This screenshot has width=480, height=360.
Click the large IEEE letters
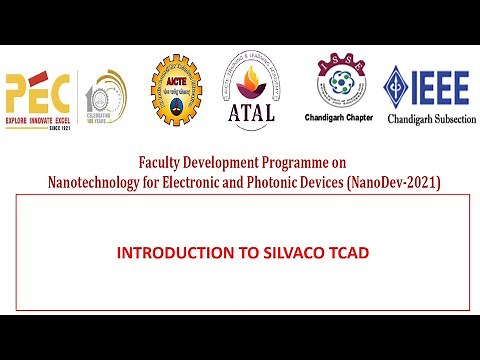pyautogui.click(x=442, y=88)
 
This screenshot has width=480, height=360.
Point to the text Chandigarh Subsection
pyautogui.click(x=428, y=118)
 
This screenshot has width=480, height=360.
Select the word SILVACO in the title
pyautogui.click(x=284, y=253)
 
